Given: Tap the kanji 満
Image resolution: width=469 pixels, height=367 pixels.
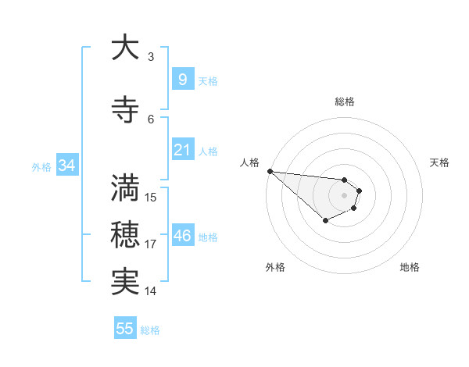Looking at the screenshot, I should (x=124, y=187).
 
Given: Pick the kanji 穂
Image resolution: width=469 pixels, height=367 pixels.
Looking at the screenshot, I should (x=124, y=234).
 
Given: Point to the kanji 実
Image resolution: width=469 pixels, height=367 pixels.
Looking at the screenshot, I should (x=124, y=281).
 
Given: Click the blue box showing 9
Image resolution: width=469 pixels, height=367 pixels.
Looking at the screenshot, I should (x=182, y=80).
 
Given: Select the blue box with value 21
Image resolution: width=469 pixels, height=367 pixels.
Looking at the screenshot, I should (x=182, y=150).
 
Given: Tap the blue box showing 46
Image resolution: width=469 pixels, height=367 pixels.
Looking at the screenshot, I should (x=182, y=236).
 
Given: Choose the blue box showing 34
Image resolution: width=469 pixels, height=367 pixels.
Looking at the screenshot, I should (x=66, y=166).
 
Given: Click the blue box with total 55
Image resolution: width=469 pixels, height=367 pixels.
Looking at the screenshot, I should (x=125, y=329).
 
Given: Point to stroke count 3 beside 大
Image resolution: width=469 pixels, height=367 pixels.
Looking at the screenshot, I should (x=151, y=56).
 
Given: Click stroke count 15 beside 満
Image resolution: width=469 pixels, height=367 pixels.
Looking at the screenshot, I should (x=151, y=197).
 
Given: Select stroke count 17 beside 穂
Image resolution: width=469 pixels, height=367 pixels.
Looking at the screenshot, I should (x=151, y=244).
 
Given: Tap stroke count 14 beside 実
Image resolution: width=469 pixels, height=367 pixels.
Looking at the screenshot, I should (x=151, y=291).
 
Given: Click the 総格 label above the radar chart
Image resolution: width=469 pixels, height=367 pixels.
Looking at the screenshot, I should (x=345, y=102).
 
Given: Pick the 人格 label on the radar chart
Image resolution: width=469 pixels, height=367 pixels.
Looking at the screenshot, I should (x=249, y=162).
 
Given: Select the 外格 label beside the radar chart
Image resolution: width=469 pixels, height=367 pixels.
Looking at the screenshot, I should (x=275, y=267).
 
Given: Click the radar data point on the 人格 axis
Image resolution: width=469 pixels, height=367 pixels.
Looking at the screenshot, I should (x=270, y=171).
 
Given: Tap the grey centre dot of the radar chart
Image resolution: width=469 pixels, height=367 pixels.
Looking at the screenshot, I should (x=344, y=194).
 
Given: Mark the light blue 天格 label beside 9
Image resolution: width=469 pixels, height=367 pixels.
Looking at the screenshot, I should (x=208, y=80).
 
